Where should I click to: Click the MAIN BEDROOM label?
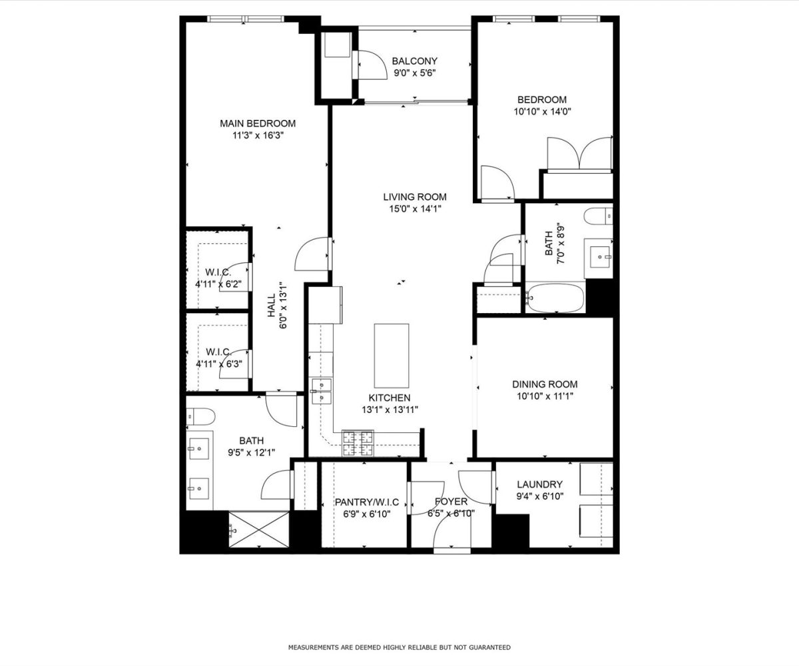point(258,123)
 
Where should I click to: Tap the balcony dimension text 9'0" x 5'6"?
point(415,73)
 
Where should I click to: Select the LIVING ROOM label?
point(415,196)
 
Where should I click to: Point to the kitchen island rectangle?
point(391,356)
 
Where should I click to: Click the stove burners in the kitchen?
point(358,444)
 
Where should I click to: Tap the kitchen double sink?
point(322,392)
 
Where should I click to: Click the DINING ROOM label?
point(545,384)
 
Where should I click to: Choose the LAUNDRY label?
point(539,484)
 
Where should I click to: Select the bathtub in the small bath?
point(555,298)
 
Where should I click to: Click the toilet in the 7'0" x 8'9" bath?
point(598,216)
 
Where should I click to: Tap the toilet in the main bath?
point(200,416)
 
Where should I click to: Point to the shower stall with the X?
point(259,529)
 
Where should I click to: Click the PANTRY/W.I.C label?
point(367,501)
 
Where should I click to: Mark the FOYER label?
point(451,501)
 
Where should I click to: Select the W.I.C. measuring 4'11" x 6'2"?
point(218,272)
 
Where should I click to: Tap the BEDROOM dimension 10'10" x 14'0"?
point(542,111)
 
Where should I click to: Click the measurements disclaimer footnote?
point(399,647)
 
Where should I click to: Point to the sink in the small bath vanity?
point(599,257)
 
